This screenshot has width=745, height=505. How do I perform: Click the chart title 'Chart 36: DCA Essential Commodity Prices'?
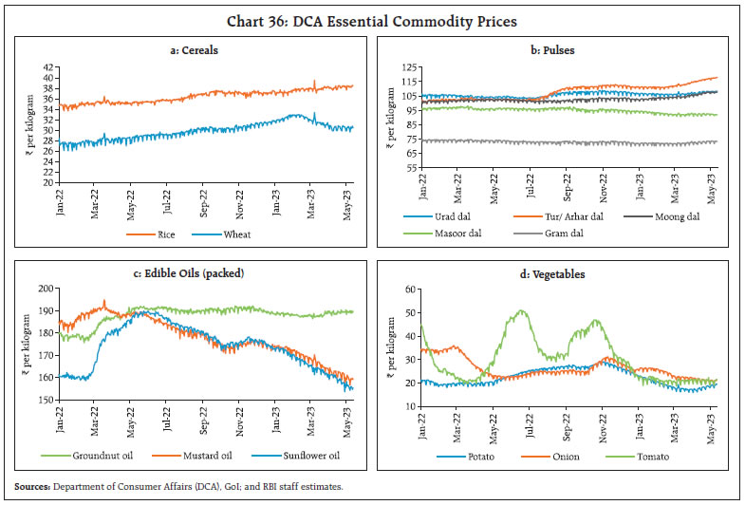coord(373,18)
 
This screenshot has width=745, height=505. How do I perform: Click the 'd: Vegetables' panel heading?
coord(561,274)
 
